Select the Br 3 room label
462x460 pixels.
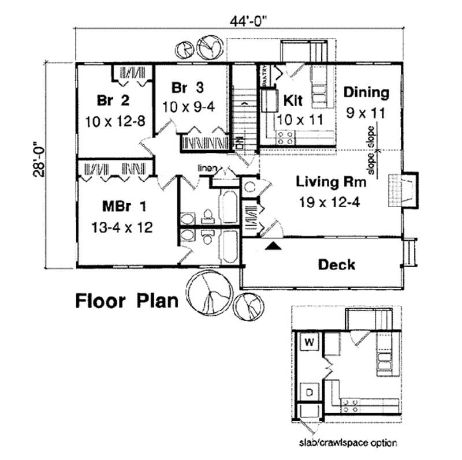click(x=188, y=88)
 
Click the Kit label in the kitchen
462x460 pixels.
click(x=293, y=100)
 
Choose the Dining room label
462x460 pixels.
click(x=366, y=92)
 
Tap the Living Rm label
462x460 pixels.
click(x=331, y=183)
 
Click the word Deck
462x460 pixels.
click(x=337, y=265)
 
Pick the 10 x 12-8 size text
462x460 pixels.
click(x=113, y=121)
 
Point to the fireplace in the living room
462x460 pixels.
click(x=402, y=189)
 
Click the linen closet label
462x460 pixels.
click(x=207, y=168)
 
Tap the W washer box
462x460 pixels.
click(x=310, y=342)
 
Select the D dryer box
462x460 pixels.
click(x=310, y=392)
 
